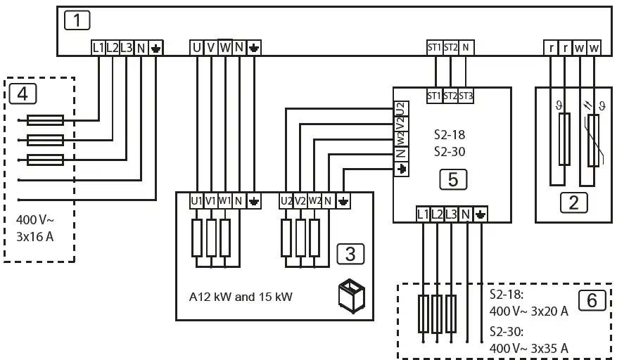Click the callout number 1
click(x=77, y=20)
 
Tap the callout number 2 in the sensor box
click(x=573, y=203)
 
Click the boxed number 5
click(x=453, y=180)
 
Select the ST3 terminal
click(x=465, y=96)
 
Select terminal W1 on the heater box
click(x=224, y=201)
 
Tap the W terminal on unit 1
click(x=225, y=48)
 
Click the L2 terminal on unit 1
click(x=113, y=48)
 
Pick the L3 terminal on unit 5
click(x=451, y=212)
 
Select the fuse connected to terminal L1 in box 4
click(x=45, y=120)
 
